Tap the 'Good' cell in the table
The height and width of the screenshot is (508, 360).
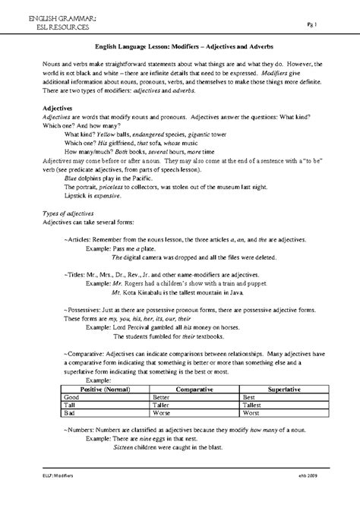[72, 397]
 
